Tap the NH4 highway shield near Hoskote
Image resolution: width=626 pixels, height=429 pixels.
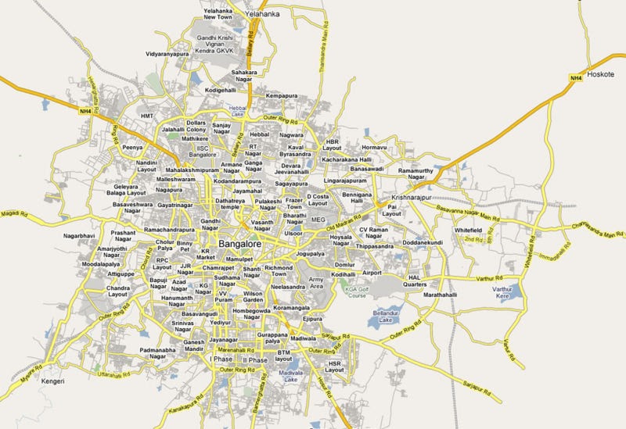(575, 77)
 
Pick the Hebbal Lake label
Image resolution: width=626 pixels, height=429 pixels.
(237, 110)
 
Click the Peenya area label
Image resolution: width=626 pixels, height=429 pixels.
(131, 146)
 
